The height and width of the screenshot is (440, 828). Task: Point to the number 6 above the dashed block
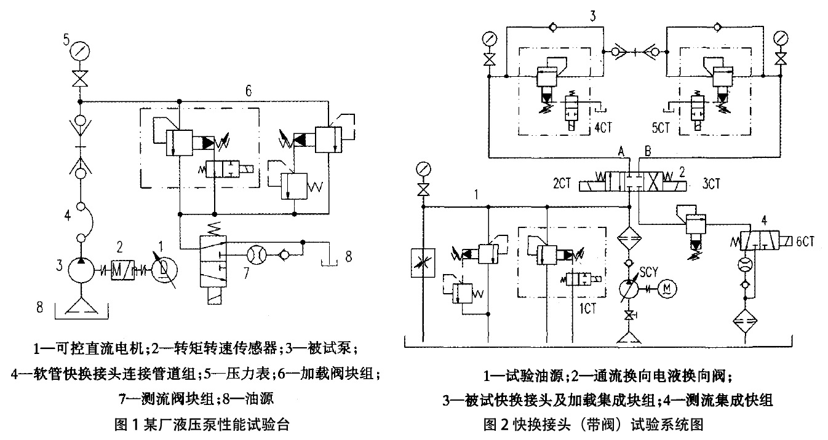click(247, 91)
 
